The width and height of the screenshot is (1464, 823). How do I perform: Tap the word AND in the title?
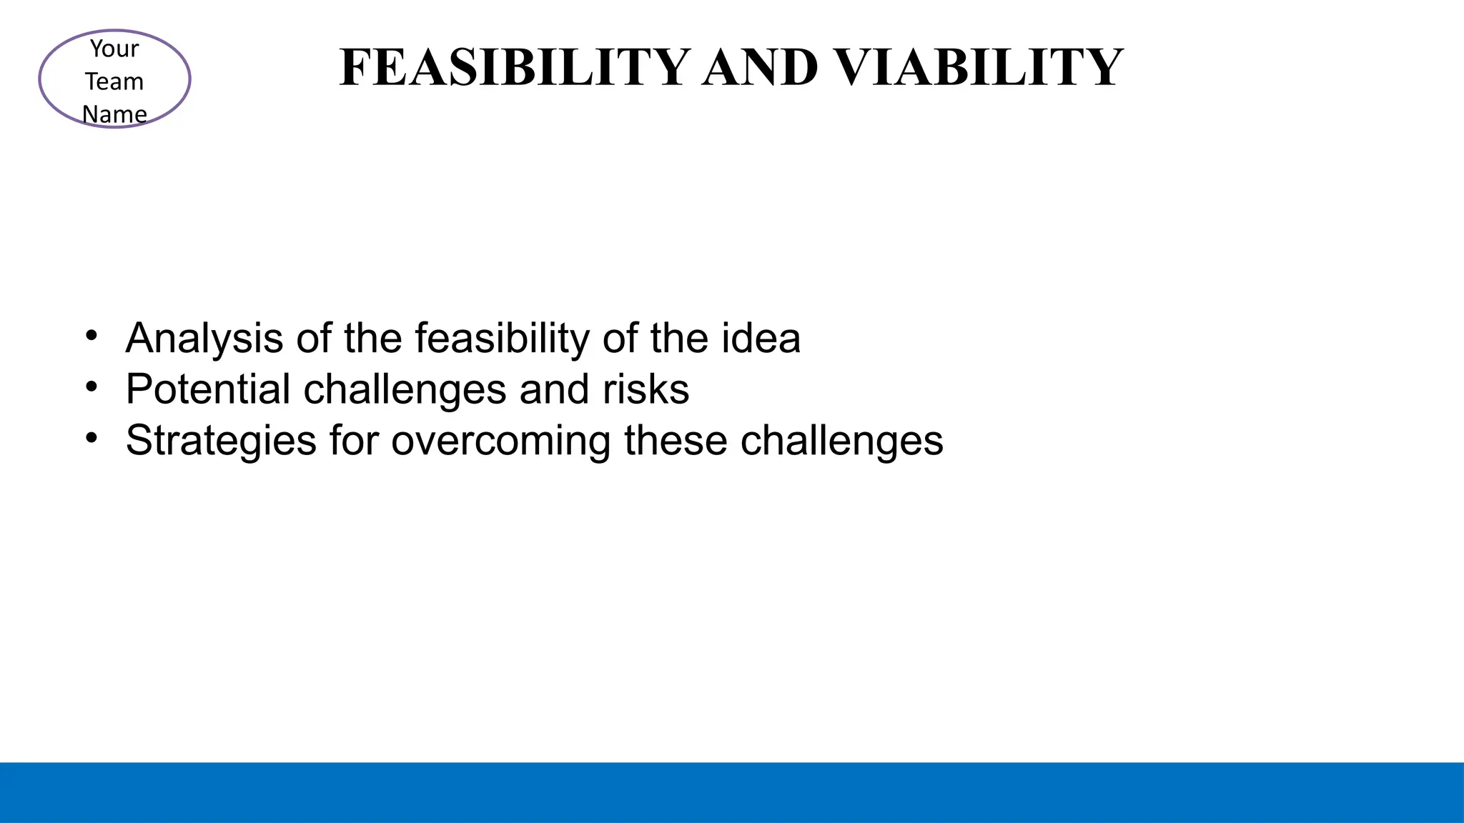[760, 68]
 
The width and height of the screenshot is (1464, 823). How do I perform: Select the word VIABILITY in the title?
[979, 68]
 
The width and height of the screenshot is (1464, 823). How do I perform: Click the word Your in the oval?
[114, 49]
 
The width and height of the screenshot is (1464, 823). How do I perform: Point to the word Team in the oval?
[114, 81]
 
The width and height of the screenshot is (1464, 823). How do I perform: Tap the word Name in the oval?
[114, 114]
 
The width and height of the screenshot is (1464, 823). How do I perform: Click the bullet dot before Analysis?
[91, 336]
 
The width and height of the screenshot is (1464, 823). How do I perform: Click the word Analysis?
[204, 338]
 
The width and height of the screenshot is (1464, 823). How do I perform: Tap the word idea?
[761, 338]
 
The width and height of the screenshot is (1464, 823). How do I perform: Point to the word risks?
[646, 389]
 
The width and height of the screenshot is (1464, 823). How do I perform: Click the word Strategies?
[221, 441]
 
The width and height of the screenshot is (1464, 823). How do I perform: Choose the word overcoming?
[500, 441]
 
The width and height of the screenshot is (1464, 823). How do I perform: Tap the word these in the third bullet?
[676, 441]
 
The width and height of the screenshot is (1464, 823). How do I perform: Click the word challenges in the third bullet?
[841, 441]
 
